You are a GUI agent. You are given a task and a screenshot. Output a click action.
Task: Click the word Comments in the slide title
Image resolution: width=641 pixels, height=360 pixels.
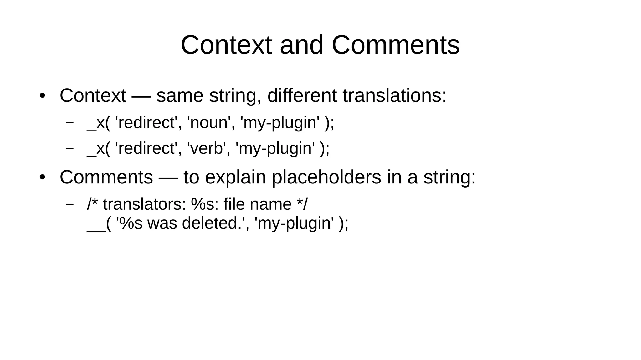395,45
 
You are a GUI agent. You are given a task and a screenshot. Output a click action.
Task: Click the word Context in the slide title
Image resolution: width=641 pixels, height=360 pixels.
226,45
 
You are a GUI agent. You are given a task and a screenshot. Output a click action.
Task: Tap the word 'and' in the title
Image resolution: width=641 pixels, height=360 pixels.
301,45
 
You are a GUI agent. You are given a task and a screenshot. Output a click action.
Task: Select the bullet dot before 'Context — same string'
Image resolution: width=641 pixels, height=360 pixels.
43,95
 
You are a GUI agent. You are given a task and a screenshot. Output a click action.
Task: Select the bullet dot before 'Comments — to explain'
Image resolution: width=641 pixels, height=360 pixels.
43,177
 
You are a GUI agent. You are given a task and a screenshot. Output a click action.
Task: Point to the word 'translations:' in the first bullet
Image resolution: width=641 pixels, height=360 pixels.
394,95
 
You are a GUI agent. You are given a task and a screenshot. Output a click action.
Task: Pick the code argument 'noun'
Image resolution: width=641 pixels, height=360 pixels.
208,122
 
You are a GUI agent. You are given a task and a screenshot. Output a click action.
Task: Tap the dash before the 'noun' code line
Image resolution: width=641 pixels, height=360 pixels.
70,122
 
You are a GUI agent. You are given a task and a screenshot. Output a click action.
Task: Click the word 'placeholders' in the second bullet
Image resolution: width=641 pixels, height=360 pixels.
326,177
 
